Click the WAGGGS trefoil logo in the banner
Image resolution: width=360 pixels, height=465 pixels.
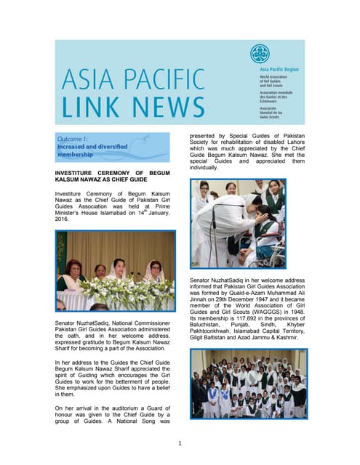[x=259, y=54]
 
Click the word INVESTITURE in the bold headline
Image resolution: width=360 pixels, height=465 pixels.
[x=79, y=171]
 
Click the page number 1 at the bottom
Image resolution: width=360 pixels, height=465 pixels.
[x=180, y=443]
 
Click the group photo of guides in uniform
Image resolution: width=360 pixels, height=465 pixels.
[x=248, y=384]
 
